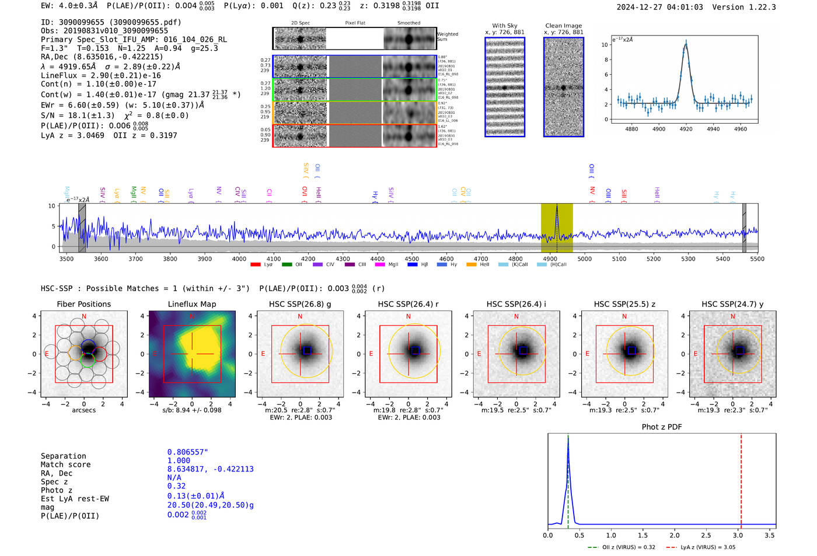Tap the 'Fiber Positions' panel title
(83, 304)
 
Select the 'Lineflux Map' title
(191, 304)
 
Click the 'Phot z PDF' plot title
(661, 426)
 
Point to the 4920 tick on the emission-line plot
(686, 129)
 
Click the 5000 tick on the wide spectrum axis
(584, 259)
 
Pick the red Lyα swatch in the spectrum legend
(255, 265)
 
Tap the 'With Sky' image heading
(504, 26)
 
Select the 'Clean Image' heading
(563, 26)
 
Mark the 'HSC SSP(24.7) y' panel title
(732, 304)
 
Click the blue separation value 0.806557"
(187, 452)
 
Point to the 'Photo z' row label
(56, 490)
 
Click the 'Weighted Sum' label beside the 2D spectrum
(447, 37)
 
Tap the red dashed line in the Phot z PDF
(741, 478)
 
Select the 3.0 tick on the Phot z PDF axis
(738, 535)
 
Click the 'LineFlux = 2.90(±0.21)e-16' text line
(100, 75)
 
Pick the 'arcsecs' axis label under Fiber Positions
(83, 410)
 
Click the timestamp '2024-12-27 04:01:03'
(659, 7)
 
